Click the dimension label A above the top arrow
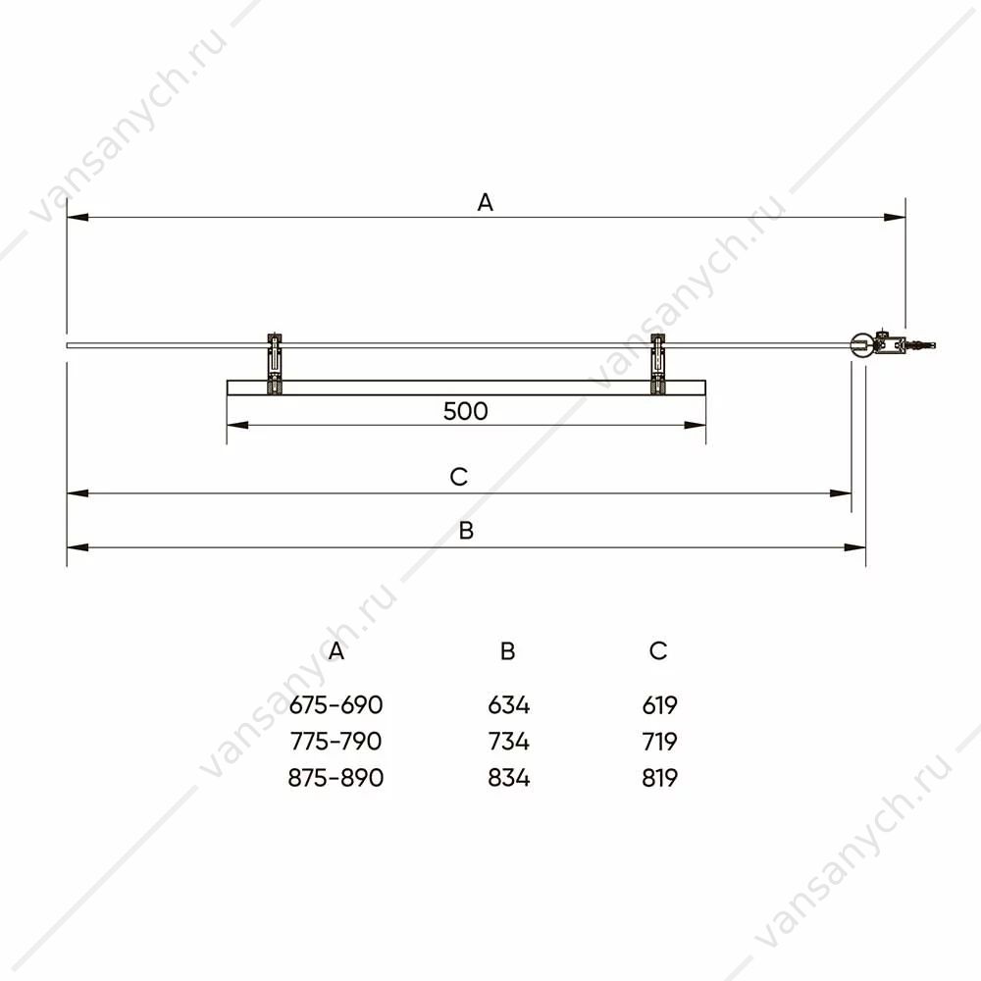(x=485, y=203)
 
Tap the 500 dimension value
(x=465, y=411)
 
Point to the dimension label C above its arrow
(x=458, y=477)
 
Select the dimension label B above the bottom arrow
(x=466, y=531)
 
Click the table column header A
(x=336, y=651)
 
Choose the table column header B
(x=507, y=651)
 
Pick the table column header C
(x=658, y=650)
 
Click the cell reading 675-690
(x=336, y=705)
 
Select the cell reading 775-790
(x=336, y=742)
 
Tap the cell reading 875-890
(x=336, y=778)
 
